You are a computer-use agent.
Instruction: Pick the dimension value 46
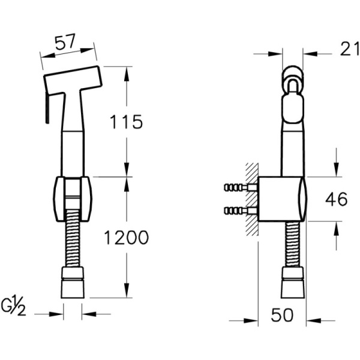pos(335,199)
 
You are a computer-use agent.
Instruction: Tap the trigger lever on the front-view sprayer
pos(46,108)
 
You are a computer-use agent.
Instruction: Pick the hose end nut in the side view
pos(293,284)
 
